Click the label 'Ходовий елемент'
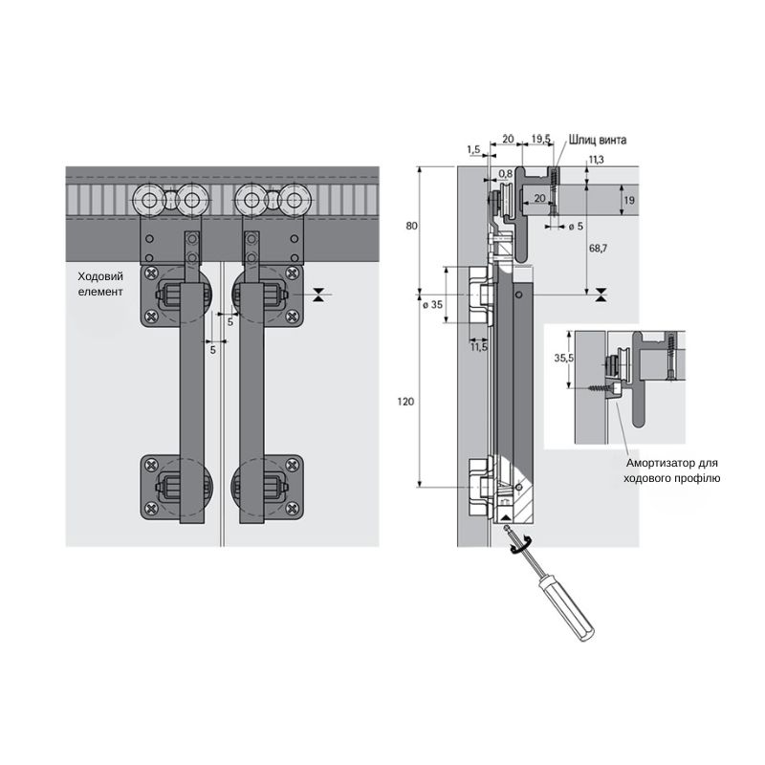coord(100,284)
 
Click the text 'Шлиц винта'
coord(597,140)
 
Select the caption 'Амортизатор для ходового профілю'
coord(672,470)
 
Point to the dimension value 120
coord(405,402)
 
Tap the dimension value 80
coord(411,226)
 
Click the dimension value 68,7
coord(598,249)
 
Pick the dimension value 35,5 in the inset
coord(563,358)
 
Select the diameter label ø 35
coord(433,305)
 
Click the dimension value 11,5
coord(479,347)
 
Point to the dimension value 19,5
coord(540,139)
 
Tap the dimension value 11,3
coord(596,160)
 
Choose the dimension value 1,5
coord(473,150)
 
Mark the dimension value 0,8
coord(506,174)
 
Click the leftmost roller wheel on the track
coord(149,200)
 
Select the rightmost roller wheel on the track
coord(295,200)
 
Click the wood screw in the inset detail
coord(604,388)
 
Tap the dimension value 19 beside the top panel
coord(629,200)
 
